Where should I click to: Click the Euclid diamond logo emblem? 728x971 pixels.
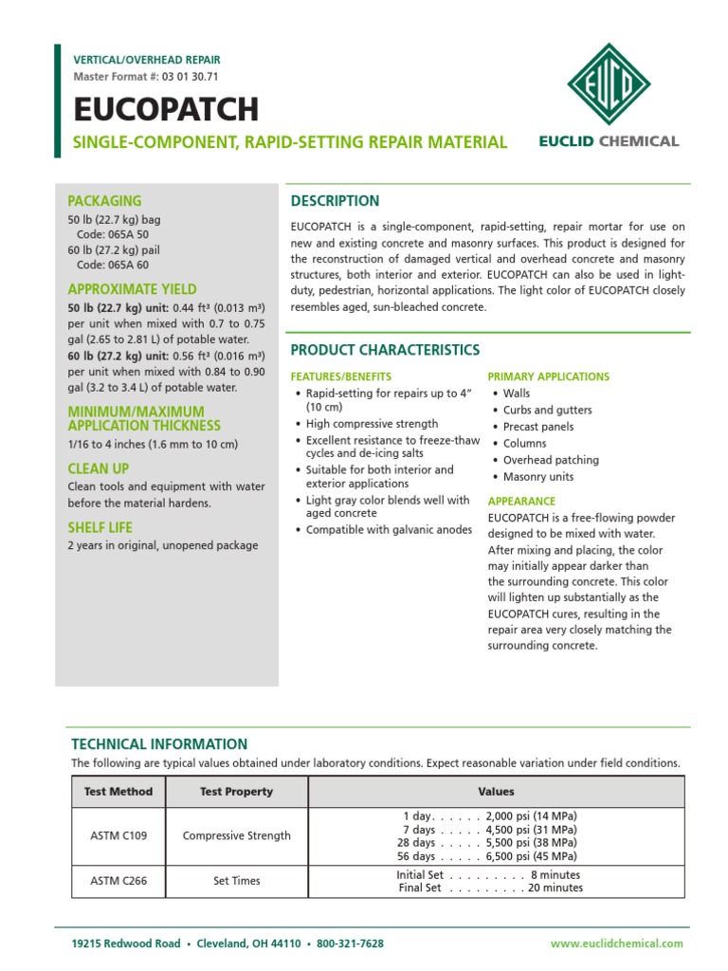(x=622, y=83)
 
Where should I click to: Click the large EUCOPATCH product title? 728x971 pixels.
(x=166, y=110)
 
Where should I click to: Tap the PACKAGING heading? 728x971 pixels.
(x=104, y=201)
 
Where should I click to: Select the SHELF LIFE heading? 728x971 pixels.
(x=100, y=527)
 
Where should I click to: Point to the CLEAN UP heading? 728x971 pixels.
(x=99, y=468)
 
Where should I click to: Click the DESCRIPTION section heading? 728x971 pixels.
(x=335, y=201)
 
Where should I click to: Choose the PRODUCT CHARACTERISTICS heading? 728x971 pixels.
(x=385, y=350)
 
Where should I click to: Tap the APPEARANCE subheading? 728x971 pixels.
(x=521, y=501)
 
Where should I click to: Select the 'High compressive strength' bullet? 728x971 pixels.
(x=372, y=424)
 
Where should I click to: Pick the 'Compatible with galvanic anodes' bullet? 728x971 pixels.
(x=389, y=530)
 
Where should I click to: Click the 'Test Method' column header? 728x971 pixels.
(x=118, y=792)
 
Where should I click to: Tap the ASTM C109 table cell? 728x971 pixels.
(x=118, y=836)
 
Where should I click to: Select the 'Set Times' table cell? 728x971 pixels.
(x=237, y=881)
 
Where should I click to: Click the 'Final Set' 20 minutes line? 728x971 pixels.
(x=490, y=889)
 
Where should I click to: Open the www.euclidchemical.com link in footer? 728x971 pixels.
(x=616, y=944)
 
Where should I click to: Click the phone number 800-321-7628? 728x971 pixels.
(x=351, y=944)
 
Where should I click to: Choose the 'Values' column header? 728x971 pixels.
(x=496, y=792)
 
